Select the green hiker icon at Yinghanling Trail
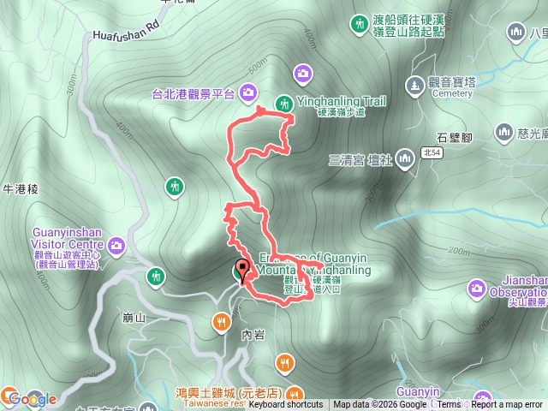(x=283, y=104)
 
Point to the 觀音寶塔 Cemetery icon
(x=414, y=85)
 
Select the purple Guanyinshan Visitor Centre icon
(x=116, y=247)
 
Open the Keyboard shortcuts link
(x=286, y=405)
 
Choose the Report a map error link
(x=507, y=405)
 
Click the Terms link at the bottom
(x=450, y=405)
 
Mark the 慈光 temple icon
(x=503, y=132)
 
